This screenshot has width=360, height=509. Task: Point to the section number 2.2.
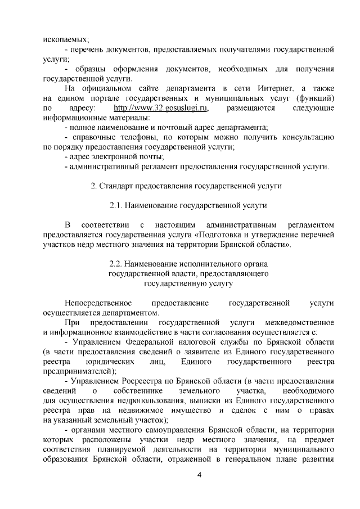(116, 263)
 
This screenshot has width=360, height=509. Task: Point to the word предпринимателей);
(80, 371)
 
